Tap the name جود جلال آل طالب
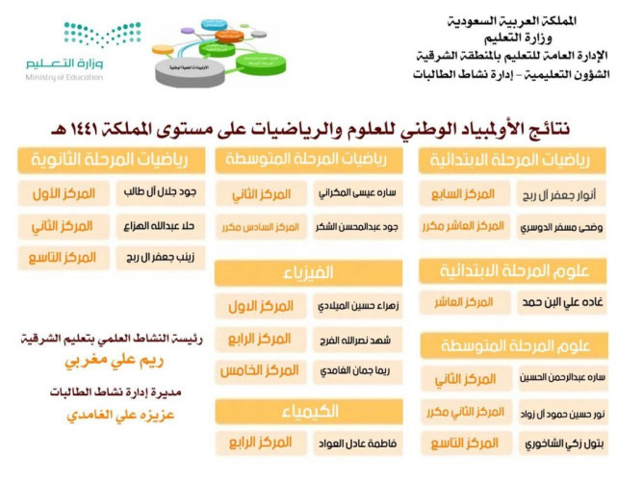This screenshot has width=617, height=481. [161, 192]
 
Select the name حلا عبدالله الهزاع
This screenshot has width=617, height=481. [161, 226]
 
